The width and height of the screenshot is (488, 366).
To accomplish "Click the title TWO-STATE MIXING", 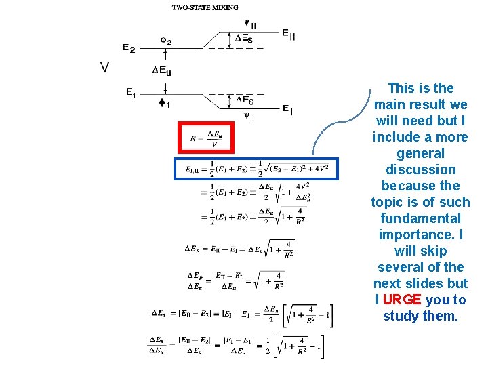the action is [x=205, y=7].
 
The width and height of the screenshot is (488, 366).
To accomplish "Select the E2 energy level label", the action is [x=129, y=48].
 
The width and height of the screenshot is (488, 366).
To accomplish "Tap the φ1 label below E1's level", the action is [x=165, y=103].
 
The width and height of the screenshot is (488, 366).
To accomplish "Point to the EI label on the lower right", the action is [x=287, y=108].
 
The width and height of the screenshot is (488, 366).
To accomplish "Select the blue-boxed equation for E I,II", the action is [x=256, y=168].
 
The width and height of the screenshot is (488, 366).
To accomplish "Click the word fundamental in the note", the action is [x=420, y=218].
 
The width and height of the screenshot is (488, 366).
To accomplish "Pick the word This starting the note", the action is [x=401, y=88].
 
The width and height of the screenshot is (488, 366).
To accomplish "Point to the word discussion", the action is [x=420, y=169].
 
